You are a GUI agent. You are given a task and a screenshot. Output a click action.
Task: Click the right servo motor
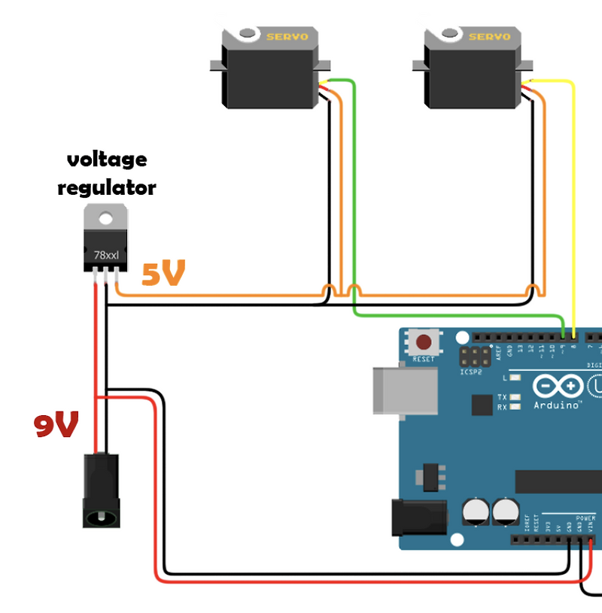470,71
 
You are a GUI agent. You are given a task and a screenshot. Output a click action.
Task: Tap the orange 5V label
163,275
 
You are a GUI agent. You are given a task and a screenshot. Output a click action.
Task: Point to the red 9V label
56,426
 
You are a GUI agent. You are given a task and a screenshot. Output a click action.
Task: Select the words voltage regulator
107,173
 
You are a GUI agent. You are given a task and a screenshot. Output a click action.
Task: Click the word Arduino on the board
558,405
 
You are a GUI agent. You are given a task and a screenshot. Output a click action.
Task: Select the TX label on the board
502,396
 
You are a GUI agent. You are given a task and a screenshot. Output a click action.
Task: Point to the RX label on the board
502,407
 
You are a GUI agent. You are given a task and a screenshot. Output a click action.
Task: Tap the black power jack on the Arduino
418,518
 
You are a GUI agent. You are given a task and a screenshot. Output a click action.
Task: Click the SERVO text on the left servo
282,35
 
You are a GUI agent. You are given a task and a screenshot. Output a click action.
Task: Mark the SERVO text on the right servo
489,36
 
